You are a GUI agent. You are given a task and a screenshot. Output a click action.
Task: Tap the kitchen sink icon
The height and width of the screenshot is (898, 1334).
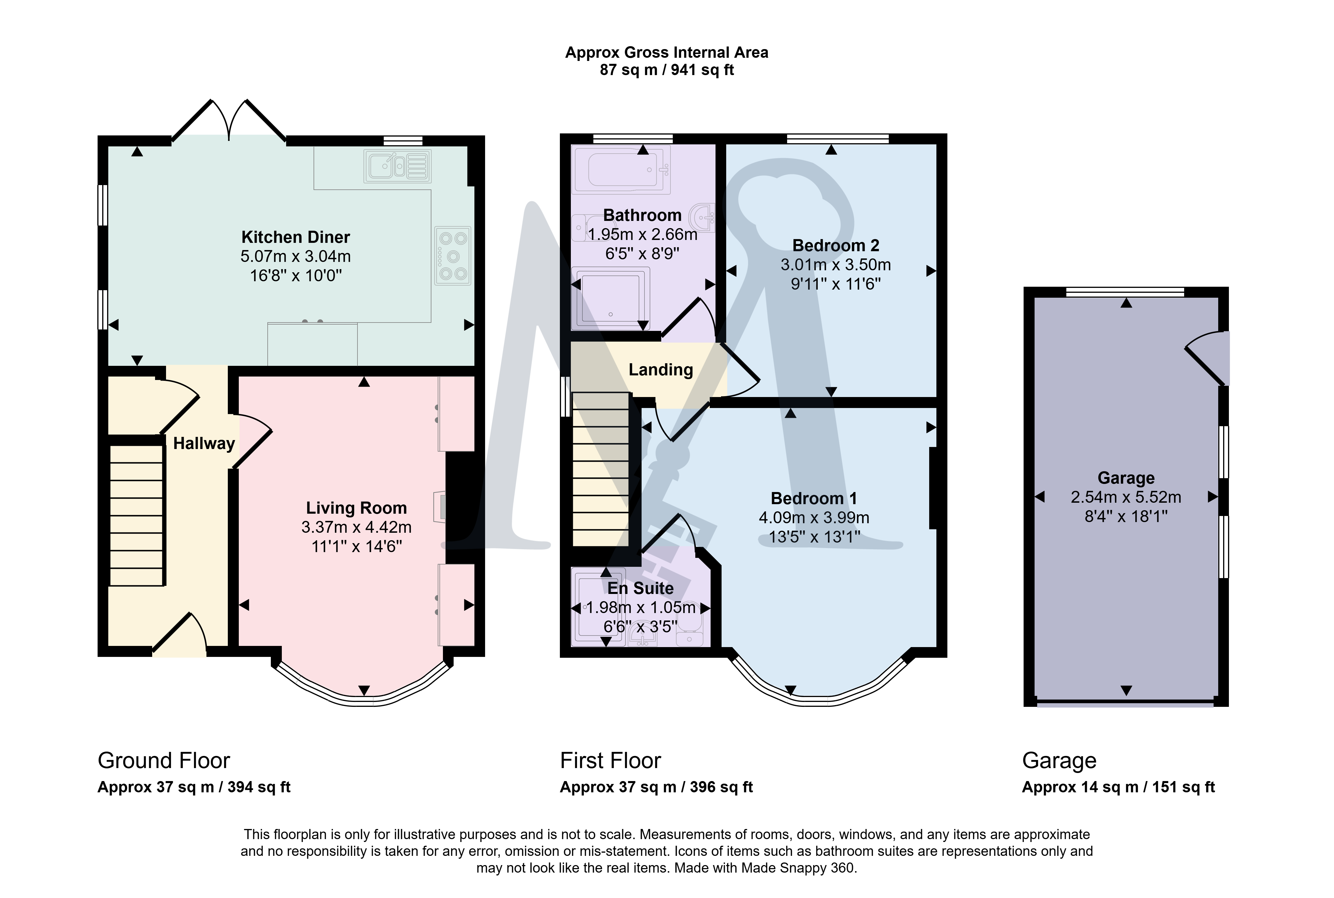[x=397, y=166]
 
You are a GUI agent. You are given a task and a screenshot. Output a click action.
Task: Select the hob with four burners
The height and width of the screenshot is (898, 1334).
[x=453, y=256]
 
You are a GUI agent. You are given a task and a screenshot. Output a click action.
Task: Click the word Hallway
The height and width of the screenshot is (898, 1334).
[x=204, y=443]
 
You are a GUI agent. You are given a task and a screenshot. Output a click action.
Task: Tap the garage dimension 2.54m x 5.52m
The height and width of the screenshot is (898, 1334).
[x=1126, y=497]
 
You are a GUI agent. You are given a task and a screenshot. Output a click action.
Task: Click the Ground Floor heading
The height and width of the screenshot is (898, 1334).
[x=164, y=761]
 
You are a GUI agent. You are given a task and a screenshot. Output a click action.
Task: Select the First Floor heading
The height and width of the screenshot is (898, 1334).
[x=610, y=761]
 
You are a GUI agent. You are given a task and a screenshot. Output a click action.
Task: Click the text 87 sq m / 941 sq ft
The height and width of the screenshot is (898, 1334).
[x=666, y=70]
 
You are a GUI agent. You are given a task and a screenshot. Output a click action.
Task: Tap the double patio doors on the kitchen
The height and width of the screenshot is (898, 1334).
[x=229, y=120]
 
